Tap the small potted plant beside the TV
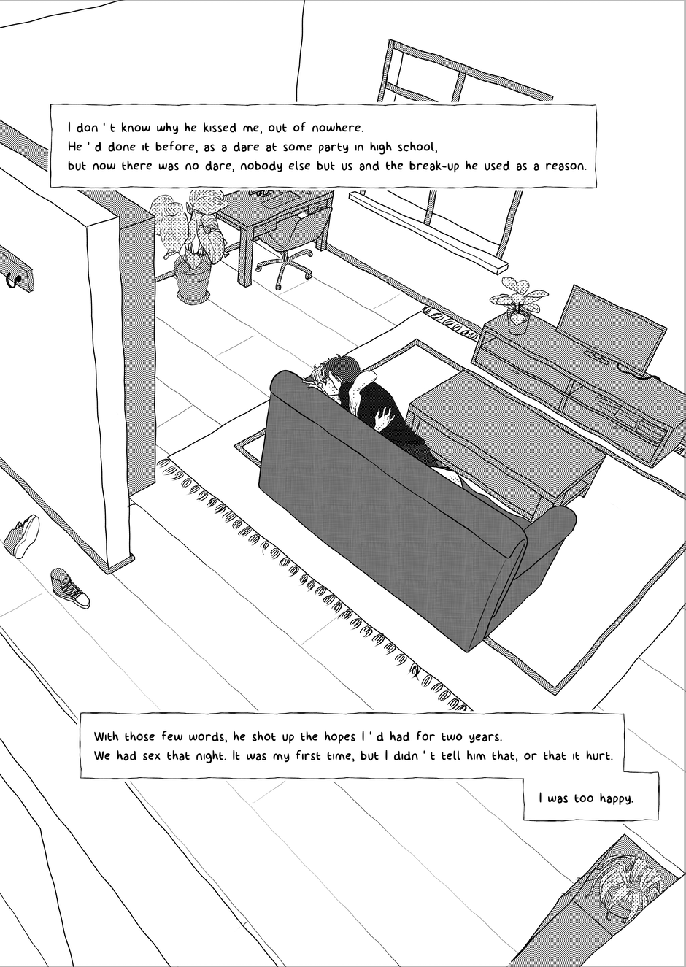(x=517, y=305)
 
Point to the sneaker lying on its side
(x=22, y=536)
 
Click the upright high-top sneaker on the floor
(x=70, y=587)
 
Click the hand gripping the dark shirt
(x=384, y=419)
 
